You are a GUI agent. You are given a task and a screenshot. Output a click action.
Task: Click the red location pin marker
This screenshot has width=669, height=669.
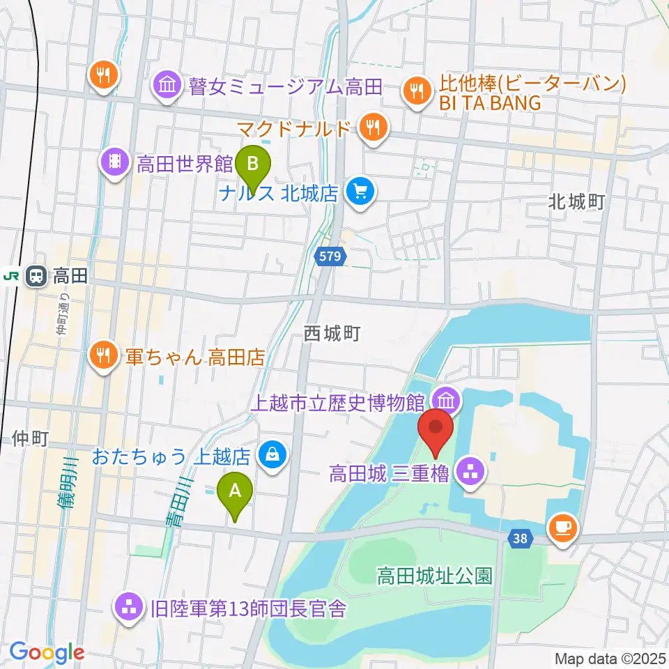pos(436,431)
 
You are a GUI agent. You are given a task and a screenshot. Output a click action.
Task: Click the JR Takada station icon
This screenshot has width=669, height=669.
pos(36,277)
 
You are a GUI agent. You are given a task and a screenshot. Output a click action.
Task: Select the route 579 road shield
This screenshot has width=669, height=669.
pos(330,256)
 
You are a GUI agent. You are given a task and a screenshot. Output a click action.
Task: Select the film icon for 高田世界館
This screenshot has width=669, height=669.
pos(116,164)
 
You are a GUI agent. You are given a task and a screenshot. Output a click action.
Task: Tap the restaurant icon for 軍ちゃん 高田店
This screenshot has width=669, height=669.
pos(104,357)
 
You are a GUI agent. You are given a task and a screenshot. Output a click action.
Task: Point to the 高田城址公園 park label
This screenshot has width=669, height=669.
pos(435,576)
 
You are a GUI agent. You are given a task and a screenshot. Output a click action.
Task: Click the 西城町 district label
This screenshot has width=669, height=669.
pos(332,334)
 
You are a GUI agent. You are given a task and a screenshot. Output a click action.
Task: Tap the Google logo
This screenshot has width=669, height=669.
pos(47,652)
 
